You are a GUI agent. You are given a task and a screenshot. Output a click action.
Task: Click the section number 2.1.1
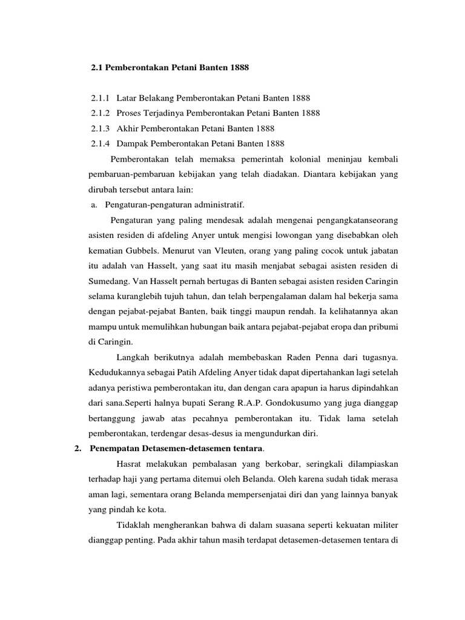100,98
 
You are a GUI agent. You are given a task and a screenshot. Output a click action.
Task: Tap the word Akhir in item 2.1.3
128,128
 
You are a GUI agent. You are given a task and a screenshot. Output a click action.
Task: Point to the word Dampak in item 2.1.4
133,143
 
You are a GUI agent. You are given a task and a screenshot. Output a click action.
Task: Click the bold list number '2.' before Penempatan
77,448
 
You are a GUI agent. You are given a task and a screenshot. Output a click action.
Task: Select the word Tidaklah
136,524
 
